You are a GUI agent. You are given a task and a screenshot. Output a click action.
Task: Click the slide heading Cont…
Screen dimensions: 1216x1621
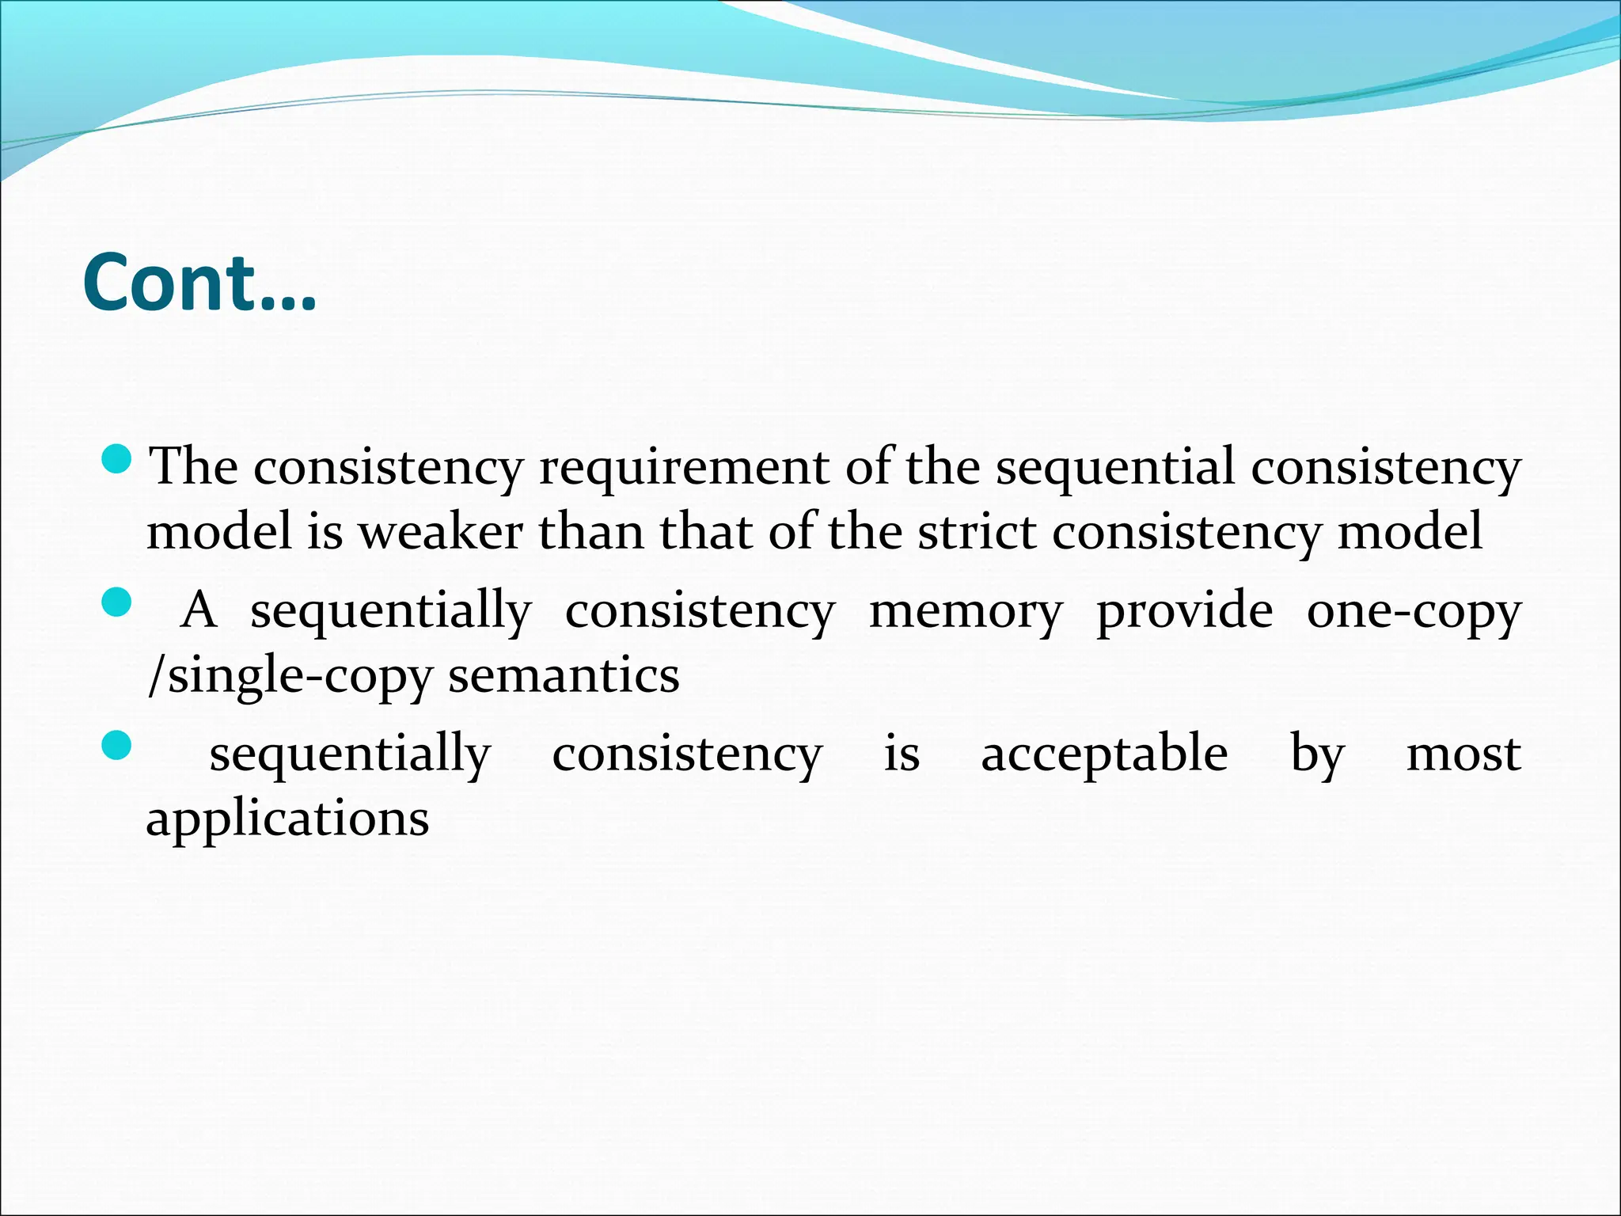click(x=199, y=283)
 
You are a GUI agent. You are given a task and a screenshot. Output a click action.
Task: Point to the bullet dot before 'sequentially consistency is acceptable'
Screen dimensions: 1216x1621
click(x=117, y=746)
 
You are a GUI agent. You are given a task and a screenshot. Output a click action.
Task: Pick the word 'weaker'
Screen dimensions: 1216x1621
click(x=441, y=531)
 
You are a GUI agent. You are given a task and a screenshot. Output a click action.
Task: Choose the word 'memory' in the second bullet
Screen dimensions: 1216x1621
click(x=966, y=611)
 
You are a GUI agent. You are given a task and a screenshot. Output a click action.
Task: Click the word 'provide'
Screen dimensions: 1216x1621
click(x=1185, y=611)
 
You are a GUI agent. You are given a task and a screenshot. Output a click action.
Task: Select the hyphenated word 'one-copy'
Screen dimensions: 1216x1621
click(x=1414, y=611)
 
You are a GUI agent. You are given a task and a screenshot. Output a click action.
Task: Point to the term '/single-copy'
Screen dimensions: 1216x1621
click(x=290, y=677)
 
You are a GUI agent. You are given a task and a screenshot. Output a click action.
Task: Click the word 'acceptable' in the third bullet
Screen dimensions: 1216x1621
click(x=1104, y=754)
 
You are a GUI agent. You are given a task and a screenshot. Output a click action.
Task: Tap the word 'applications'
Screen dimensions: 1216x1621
click(x=287, y=819)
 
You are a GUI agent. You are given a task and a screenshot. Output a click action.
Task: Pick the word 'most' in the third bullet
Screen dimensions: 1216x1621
click(x=1463, y=754)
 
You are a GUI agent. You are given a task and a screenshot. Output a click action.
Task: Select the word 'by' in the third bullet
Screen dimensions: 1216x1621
click(x=1317, y=754)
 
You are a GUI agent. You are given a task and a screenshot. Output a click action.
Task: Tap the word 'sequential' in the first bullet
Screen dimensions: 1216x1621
click(x=1114, y=467)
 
